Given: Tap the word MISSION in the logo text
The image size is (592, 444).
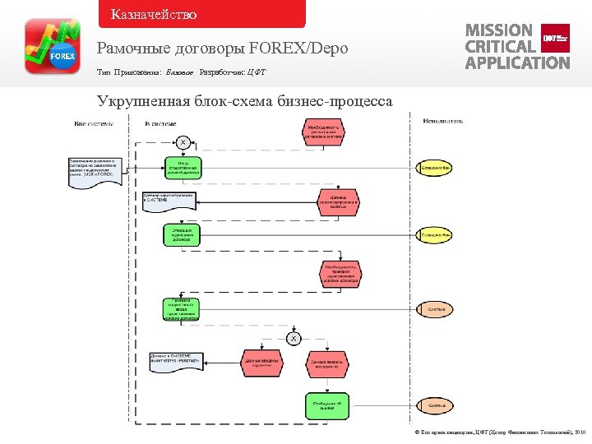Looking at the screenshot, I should tap(498, 30).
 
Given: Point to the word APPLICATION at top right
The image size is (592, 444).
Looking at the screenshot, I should tap(517, 62).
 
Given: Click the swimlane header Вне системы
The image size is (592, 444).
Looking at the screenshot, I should tap(94, 123).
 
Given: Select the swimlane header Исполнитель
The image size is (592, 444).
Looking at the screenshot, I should tap(443, 121).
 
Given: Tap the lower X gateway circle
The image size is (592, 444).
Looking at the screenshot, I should tap(294, 338).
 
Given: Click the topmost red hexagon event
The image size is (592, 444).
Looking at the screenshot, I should tap(321, 132).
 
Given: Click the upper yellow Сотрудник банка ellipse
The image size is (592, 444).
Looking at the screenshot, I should tap(436, 168).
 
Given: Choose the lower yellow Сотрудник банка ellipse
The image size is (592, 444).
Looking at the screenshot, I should tap(436, 235).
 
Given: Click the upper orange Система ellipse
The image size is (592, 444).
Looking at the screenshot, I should tap(437, 309).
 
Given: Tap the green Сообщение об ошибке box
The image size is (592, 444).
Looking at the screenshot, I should tap(321, 404).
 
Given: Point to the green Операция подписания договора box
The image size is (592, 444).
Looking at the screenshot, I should tap(182, 235).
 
